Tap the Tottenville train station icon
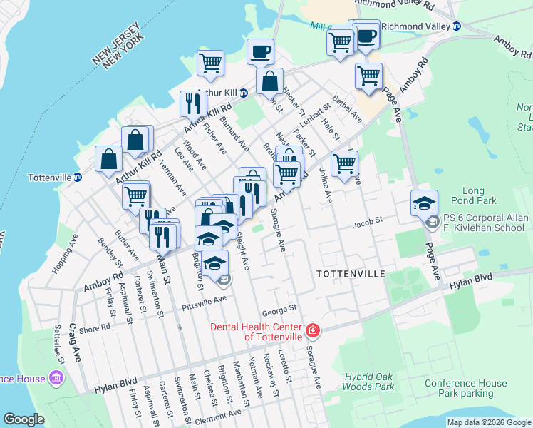tap(78, 177)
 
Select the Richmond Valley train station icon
tap(457, 26)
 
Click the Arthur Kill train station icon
tap(243, 93)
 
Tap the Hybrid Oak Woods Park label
tap(369, 381)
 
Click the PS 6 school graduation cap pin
tap(424, 205)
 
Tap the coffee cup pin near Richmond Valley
tap(367, 36)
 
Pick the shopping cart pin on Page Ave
tap(368, 75)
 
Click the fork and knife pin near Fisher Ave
tap(192, 104)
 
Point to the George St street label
tap(278, 310)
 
